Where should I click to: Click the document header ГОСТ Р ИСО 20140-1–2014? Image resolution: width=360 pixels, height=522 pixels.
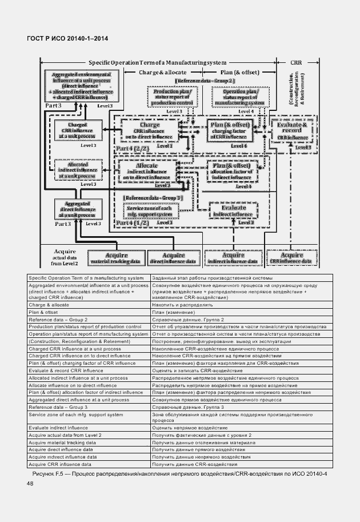[67, 38]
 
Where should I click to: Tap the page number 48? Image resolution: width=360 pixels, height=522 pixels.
[30, 484]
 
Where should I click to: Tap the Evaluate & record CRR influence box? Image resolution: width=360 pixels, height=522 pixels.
[292, 132]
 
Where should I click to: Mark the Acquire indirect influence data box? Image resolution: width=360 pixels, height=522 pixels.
[233, 258]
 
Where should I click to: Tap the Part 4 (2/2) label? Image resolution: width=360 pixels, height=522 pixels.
[131, 148]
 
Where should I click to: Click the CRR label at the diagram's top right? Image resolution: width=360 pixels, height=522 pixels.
[296, 62]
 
